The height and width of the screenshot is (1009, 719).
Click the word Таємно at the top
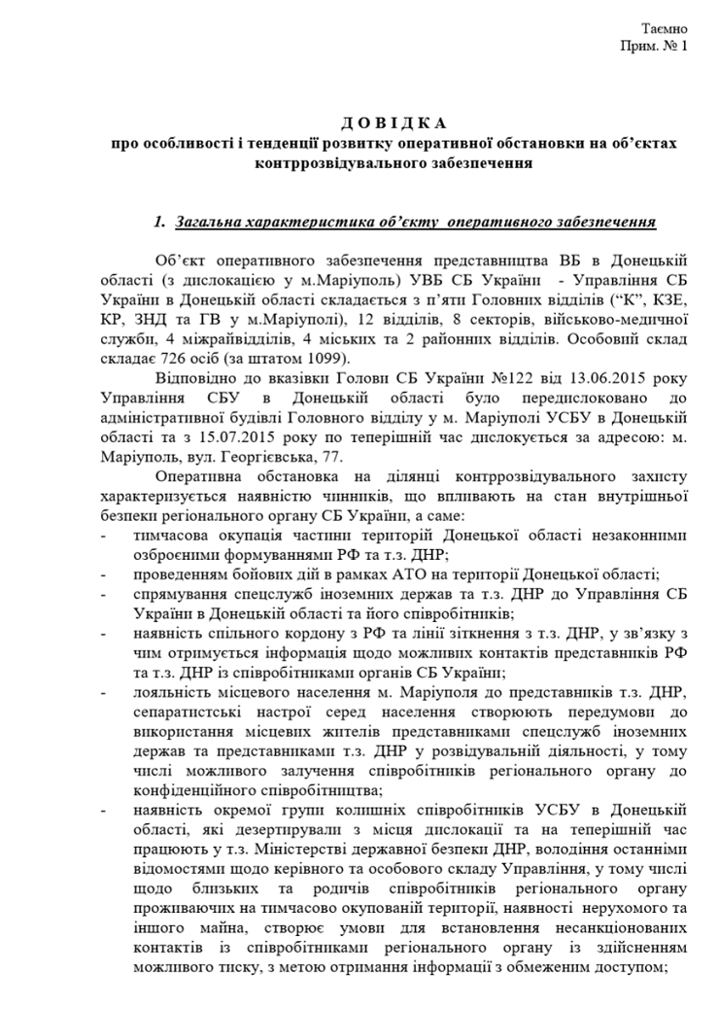[x=666, y=29]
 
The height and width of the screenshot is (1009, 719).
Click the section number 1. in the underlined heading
[x=161, y=223]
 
